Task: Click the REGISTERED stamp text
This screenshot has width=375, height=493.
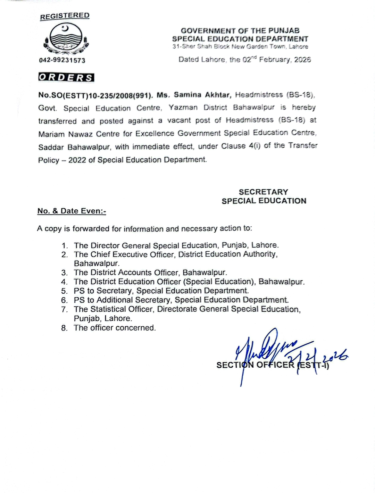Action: pos(65,16)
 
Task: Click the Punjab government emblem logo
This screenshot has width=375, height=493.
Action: pos(66,39)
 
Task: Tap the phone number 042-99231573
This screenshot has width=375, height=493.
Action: pos(62,60)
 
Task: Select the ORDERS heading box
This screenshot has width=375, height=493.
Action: pos(66,77)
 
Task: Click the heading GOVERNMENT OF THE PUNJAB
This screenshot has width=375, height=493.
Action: pos(240,31)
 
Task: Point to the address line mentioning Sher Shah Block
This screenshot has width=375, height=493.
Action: pos(240,47)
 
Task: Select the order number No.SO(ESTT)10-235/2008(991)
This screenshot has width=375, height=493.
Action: pos(95,95)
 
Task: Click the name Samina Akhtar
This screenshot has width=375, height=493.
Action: pos(202,95)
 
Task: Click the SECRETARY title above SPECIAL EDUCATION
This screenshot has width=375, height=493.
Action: pos(263,192)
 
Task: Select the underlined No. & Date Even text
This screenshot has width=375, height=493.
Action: pos(72,211)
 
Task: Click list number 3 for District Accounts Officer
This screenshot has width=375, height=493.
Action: pos(64,273)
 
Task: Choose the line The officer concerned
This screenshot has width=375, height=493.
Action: pos(115,328)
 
